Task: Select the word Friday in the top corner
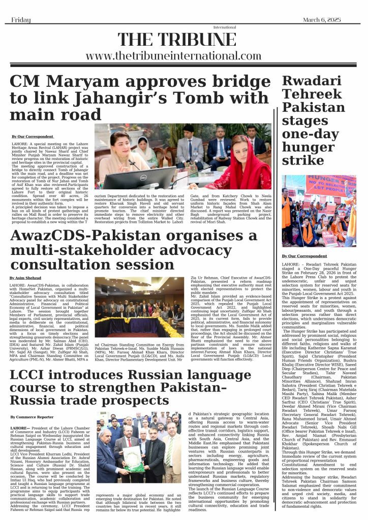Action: pos(22,19)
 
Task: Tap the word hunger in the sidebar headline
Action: pos(305,148)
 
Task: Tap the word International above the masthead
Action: pos(221,27)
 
